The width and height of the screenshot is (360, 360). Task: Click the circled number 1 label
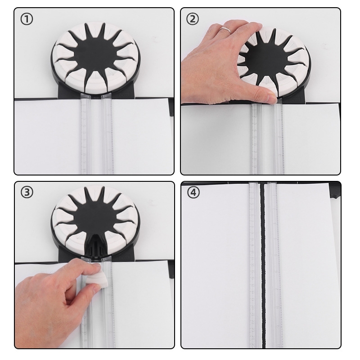pos(27,19)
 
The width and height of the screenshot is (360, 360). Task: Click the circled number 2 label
pos(193,19)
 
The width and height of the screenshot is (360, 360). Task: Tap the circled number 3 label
pos(27,192)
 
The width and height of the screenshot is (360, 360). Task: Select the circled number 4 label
pos(193,192)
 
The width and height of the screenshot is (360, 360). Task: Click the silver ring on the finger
pos(226,30)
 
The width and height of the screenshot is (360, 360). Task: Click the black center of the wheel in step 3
pos(94,218)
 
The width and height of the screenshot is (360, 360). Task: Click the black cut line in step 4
pos(263,264)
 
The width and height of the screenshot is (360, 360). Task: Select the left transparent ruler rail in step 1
pos(85,133)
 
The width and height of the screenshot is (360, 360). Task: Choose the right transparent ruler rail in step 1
pos(108,133)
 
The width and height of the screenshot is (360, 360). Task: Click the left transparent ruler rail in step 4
pos(254,264)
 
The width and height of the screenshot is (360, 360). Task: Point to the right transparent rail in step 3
pos(108,303)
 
